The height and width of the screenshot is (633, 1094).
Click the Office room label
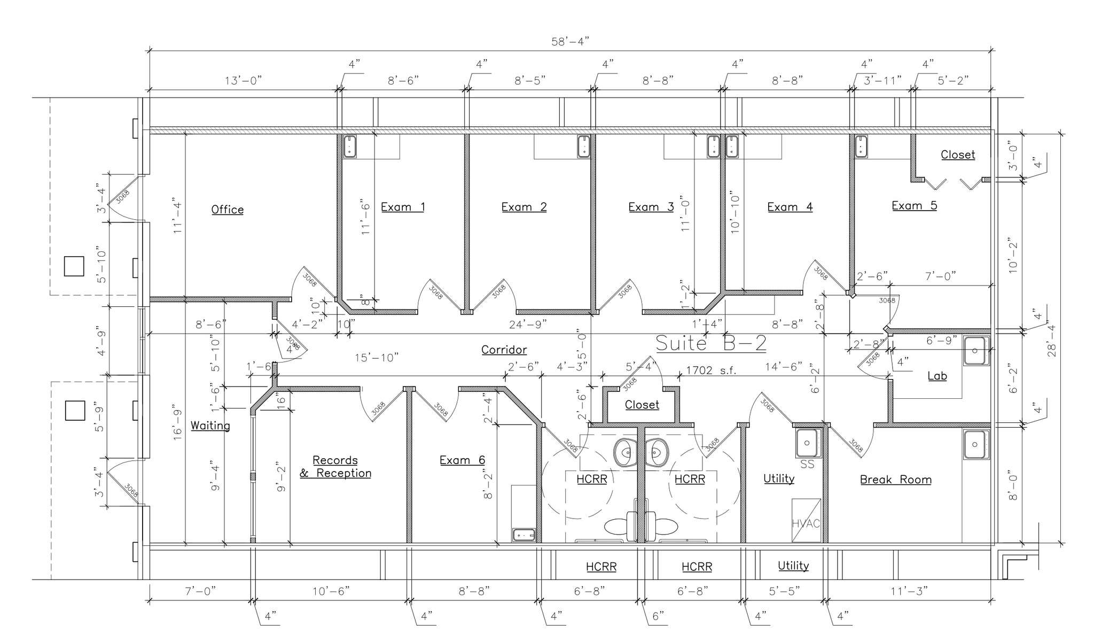[x=227, y=210]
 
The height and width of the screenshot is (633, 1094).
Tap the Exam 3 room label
[x=651, y=207]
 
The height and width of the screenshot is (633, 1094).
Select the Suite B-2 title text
[x=710, y=343]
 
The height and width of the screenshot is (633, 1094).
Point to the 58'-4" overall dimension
[x=569, y=42]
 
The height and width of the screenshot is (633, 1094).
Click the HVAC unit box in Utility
[x=806, y=520]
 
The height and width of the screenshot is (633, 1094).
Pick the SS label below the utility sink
[x=807, y=465]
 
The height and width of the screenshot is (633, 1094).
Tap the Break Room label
[x=895, y=480]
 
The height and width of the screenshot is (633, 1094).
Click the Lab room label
[x=937, y=376]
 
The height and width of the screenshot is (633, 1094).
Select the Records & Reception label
[x=335, y=467]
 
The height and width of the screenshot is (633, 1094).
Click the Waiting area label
[x=210, y=426]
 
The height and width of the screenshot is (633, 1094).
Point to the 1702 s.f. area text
[x=710, y=370]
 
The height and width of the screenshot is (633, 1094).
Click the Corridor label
[x=504, y=350]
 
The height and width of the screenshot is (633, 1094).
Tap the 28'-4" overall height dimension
[x=1051, y=341]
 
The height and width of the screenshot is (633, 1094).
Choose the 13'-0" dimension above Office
[x=243, y=81]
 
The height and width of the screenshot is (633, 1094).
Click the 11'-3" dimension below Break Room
[x=909, y=591]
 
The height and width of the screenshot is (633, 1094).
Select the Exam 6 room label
[x=462, y=460]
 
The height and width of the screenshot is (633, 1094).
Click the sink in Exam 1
[x=349, y=146]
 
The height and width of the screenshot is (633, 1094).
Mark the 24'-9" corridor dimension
[x=528, y=324]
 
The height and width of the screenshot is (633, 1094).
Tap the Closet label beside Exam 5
[x=957, y=155]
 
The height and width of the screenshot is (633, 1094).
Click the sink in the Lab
[x=976, y=350]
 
